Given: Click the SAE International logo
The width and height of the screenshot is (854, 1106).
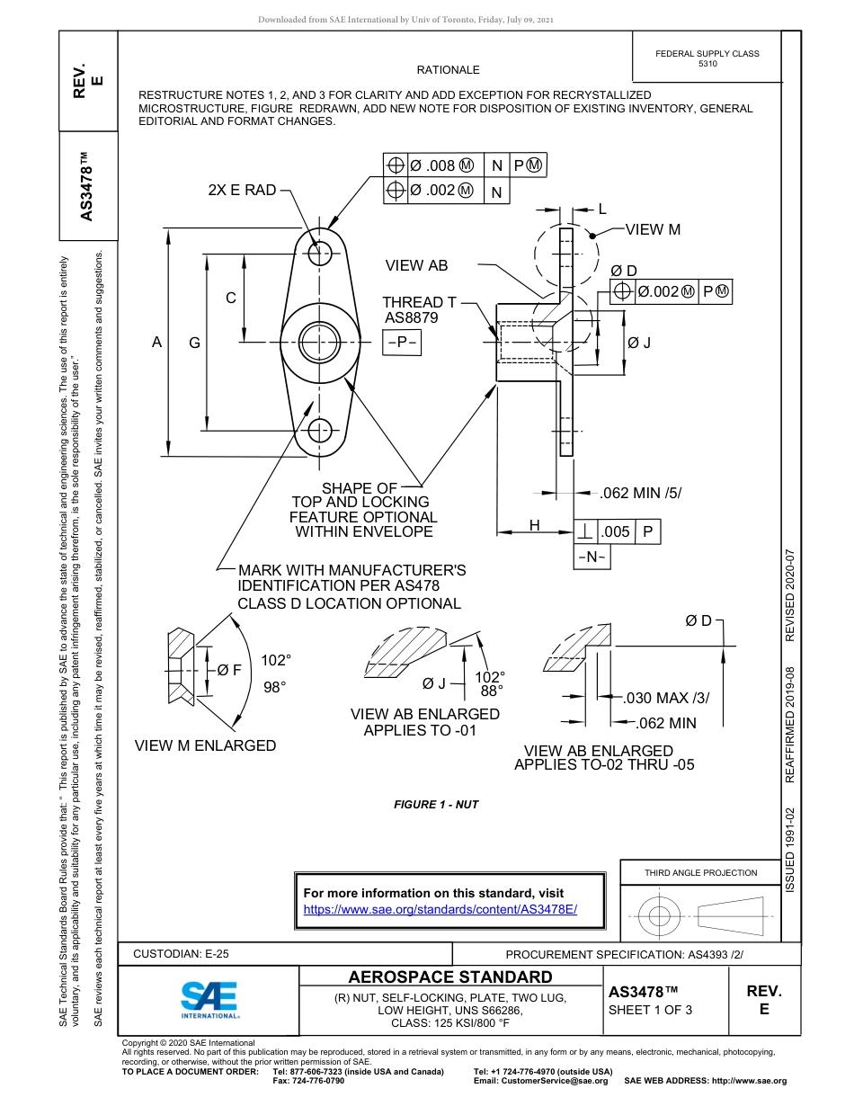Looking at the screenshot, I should [x=209, y=998].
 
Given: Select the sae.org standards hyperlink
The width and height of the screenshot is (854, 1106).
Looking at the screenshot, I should [x=440, y=909].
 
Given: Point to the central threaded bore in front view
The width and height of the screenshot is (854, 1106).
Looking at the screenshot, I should [x=318, y=341].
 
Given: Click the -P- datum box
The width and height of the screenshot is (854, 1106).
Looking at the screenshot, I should [x=402, y=343].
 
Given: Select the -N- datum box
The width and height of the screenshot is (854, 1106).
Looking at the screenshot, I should [x=592, y=557].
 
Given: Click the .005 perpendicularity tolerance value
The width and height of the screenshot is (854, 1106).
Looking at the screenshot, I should [x=616, y=532].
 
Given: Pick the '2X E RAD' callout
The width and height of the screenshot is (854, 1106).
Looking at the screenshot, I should [x=242, y=191].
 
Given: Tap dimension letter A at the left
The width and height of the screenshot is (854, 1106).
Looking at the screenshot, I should [x=156, y=342].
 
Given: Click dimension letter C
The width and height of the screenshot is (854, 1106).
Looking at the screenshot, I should [x=231, y=298].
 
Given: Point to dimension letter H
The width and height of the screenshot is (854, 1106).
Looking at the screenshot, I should [x=534, y=525].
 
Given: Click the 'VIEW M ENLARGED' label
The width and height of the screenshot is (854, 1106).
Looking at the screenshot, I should [x=205, y=745].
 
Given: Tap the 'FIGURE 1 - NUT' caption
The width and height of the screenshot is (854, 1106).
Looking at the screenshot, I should [x=436, y=804].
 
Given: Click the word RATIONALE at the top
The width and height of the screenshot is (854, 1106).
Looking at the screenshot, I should [x=448, y=69].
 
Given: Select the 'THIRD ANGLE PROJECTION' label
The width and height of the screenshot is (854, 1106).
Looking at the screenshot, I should [x=700, y=872].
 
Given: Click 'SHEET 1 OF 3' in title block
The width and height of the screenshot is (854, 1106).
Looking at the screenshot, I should [x=651, y=1010].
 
